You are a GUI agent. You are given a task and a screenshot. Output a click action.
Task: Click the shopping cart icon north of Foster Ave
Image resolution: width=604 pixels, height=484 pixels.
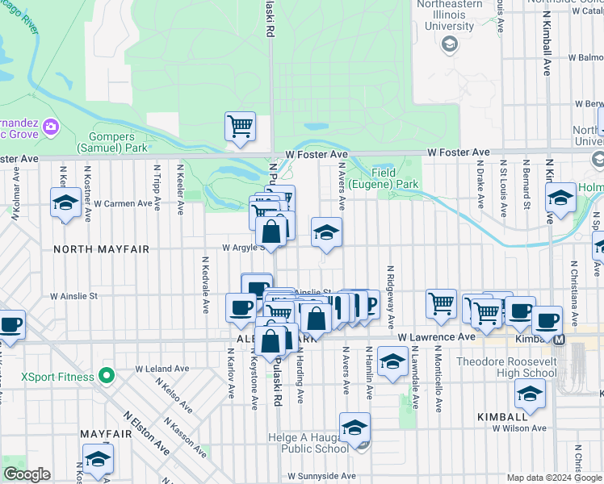[240, 127]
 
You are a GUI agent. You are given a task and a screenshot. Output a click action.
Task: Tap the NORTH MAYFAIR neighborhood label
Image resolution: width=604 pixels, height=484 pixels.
[102, 249]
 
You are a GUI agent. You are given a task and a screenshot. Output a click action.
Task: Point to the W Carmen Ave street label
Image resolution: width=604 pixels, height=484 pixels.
[124, 203]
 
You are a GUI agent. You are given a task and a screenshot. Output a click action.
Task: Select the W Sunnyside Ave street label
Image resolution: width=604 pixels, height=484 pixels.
[321, 476]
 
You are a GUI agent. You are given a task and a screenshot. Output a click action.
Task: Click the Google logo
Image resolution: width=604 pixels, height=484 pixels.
[27, 474]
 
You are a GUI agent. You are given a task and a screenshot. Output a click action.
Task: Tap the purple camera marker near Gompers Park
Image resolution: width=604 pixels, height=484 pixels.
[51, 127]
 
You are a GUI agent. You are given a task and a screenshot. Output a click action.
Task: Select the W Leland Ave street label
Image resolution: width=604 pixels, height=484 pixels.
[161, 368]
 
